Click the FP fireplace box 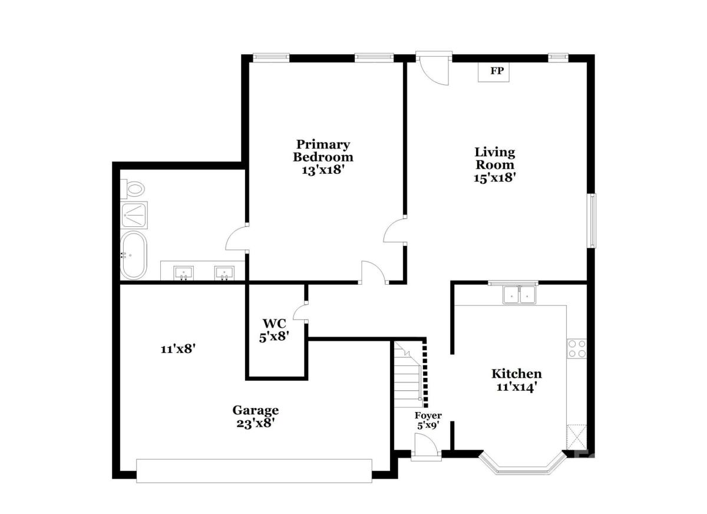coord(493,72)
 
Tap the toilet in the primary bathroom coord(133,189)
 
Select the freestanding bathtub coord(134,255)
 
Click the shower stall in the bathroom coord(134,215)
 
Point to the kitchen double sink coord(519,295)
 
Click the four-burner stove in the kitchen coord(577,348)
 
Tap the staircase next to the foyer coord(408,374)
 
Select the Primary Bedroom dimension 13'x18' coord(322,170)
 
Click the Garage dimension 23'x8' coord(255,423)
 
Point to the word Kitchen coord(516,374)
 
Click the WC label coord(275,323)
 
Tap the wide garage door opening coord(254,470)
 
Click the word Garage coord(255,410)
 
